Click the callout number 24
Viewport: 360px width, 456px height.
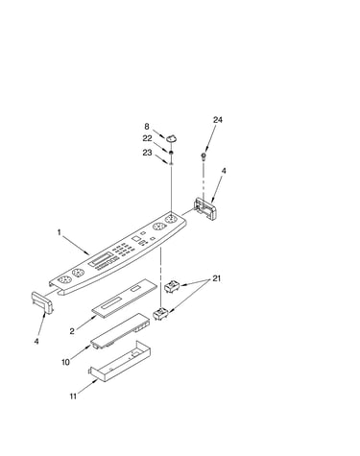point(218,120)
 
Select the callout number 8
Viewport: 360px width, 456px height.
point(147,127)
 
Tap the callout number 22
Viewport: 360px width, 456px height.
point(147,138)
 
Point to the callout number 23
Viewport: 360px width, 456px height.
point(147,153)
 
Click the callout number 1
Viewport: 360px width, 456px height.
point(59,232)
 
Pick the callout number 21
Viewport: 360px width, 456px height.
point(217,278)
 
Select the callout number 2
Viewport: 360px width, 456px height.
point(72,331)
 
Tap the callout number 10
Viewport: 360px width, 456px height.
point(65,362)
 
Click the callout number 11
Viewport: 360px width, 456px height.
point(73,396)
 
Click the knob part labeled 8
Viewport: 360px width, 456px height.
point(171,137)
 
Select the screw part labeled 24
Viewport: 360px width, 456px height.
point(204,156)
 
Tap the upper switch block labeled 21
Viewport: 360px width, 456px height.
point(173,285)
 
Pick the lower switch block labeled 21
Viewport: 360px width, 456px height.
point(161,313)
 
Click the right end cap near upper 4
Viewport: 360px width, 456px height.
point(207,208)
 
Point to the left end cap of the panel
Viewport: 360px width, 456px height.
point(42,301)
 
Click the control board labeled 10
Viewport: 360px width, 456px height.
point(120,331)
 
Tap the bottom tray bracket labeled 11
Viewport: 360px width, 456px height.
point(119,362)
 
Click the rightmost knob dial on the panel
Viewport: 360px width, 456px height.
point(171,220)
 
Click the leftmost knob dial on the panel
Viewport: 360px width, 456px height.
point(64,279)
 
